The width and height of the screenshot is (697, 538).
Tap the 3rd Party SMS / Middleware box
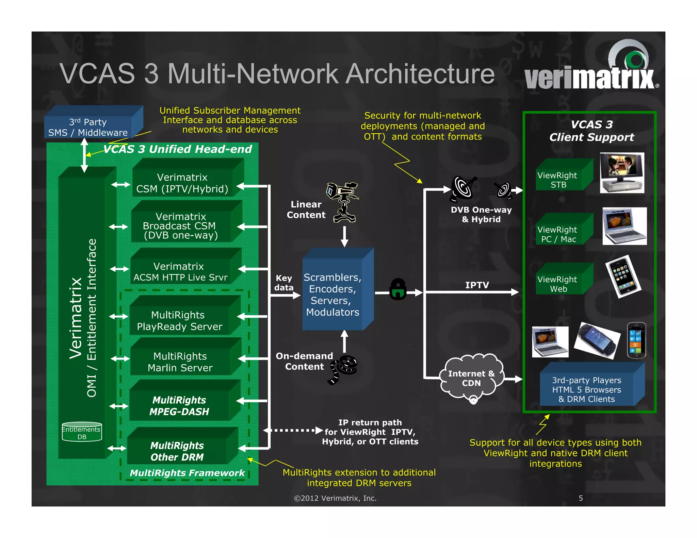[x=88, y=127]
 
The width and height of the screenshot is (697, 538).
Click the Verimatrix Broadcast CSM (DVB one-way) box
[x=181, y=225]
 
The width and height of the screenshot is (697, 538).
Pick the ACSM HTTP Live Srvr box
[x=180, y=271]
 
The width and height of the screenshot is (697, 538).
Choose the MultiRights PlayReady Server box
[x=179, y=320]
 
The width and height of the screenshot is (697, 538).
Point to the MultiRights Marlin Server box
[x=180, y=362]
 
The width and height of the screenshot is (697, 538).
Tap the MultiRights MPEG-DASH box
[x=179, y=405]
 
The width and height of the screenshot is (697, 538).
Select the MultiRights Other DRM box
[x=177, y=451]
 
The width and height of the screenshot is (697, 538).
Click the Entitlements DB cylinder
[x=82, y=432]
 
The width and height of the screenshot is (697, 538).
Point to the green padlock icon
[x=398, y=289]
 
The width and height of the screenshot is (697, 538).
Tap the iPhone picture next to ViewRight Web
[x=623, y=276]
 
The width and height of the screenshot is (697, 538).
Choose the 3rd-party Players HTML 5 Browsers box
[x=587, y=389]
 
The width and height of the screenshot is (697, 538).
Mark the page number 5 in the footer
[x=581, y=498]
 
